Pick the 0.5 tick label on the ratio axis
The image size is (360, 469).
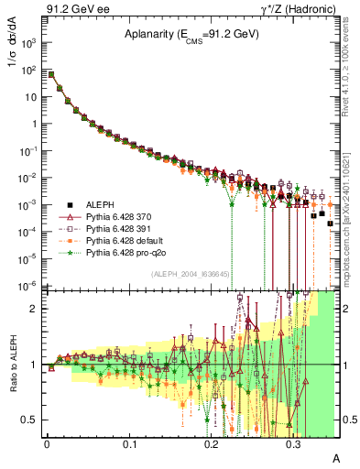coord(33,420)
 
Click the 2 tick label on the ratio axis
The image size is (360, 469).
coord(38,309)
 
